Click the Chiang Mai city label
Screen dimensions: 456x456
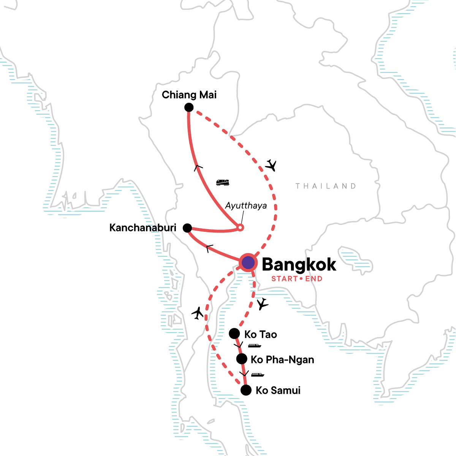189,95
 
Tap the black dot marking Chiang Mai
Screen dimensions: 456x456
189,108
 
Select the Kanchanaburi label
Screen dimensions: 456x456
143,228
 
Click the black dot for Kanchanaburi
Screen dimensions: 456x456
187,228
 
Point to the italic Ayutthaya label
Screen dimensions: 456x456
246,206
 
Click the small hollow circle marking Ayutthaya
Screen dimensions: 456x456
240,228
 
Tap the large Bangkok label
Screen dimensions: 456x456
299,264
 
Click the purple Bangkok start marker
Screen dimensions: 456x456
248,262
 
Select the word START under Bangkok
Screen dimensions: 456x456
284,279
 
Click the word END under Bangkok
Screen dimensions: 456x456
314,279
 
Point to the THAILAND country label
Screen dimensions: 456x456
326,186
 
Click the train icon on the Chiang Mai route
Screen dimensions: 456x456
223,182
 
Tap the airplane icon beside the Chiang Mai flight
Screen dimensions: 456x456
271,165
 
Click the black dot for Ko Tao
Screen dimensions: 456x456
234,334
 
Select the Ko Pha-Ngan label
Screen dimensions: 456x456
282,359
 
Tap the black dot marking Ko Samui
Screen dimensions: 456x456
246,390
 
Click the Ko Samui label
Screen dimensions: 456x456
278,391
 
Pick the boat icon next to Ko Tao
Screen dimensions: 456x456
254,346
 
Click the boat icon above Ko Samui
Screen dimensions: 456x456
257,375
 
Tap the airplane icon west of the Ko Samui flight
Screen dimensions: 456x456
198,313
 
